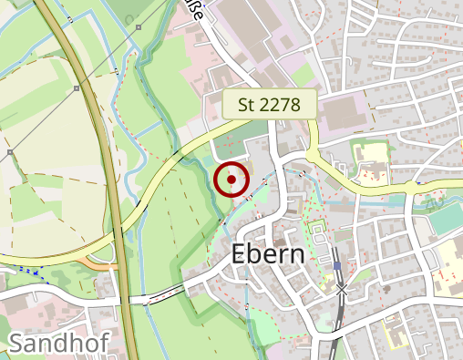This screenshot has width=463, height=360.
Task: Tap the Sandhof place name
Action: (x=58, y=344)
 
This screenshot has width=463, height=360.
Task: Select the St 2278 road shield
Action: (x=269, y=105)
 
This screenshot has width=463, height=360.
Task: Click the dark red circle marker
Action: (x=232, y=180)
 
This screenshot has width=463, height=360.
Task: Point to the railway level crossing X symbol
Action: (x=342, y=290)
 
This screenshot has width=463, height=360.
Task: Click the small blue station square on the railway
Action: (x=337, y=266)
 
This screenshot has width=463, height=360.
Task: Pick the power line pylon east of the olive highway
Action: (x=138, y=28)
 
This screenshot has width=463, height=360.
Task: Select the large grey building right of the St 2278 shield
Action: (x=342, y=114)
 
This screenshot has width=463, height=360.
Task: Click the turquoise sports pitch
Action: (x=445, y=219)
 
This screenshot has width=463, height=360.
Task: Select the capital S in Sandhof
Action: (x=16, y=344)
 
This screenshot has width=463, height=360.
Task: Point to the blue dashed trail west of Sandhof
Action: (x=27, y=271)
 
